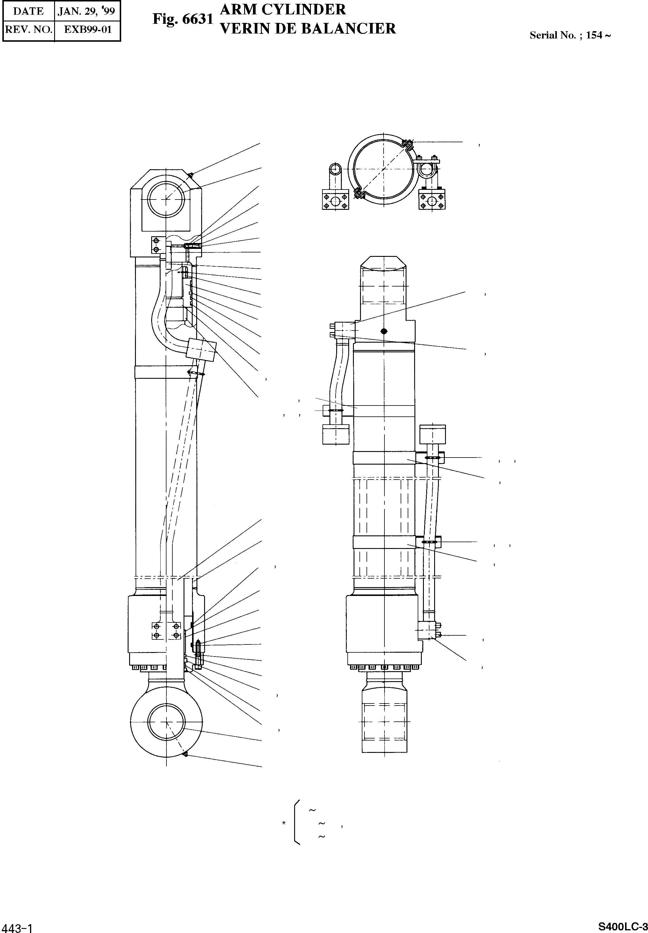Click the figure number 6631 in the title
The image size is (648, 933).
(x=198, y=19)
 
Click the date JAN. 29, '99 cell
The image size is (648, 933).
(x=87, y=11)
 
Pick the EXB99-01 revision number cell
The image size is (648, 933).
(x=88, y=30)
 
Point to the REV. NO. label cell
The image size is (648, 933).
(x=29, y=30)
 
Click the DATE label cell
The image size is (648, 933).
(x=29, y=11)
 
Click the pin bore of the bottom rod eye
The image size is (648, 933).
(x=166, y=722)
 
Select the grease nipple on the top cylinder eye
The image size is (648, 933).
(x=190, y=175)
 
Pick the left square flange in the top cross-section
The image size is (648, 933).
(x=335, y=201)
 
